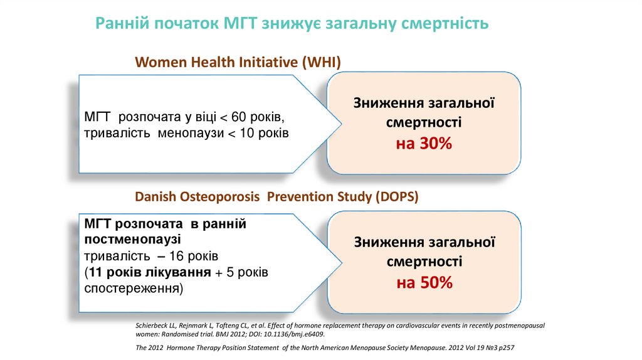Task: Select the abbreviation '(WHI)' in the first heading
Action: (x=321, y=62)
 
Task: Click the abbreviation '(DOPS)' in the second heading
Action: (x=397, y=197)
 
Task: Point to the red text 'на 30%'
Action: (x=423, y=144)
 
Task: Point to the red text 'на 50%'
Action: (x=424, y=283)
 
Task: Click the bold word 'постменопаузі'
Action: (x=132, y=239)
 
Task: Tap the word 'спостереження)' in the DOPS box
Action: (x=134, y=289)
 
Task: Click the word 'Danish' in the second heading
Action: (x=154, y=197)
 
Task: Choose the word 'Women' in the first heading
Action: (x=158, y=62)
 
